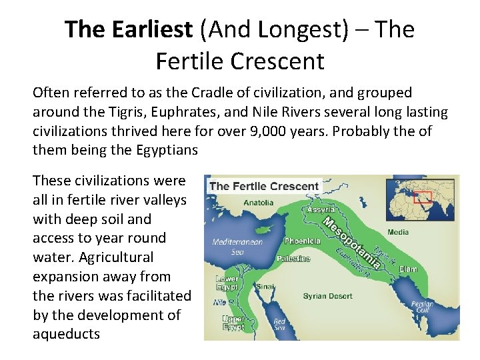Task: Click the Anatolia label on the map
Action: pyautogui.click(x=259, y=203)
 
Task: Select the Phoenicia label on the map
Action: pyautogui.click(x=302, y=241)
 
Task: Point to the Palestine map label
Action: pyautogui.click(x=293, y=259)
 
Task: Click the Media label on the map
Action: pyautogui.click(x=399, y=233)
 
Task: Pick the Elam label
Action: pyautogui.click(x=409, y=269)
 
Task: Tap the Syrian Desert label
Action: pyautogui.click(x=327, y=296)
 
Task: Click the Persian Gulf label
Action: pyautogui.click(x=423, y=308)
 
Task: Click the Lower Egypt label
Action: pyautogui.click(x=227, y=283)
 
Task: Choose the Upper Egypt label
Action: pyautogui.click(x=233, y=323)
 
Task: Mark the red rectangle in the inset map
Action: pyautogui.click(x=423, y=197)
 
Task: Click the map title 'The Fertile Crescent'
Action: pyautogui.click(x=264, y=186)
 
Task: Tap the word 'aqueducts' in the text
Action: pyautogui.click(x=66, y=334)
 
